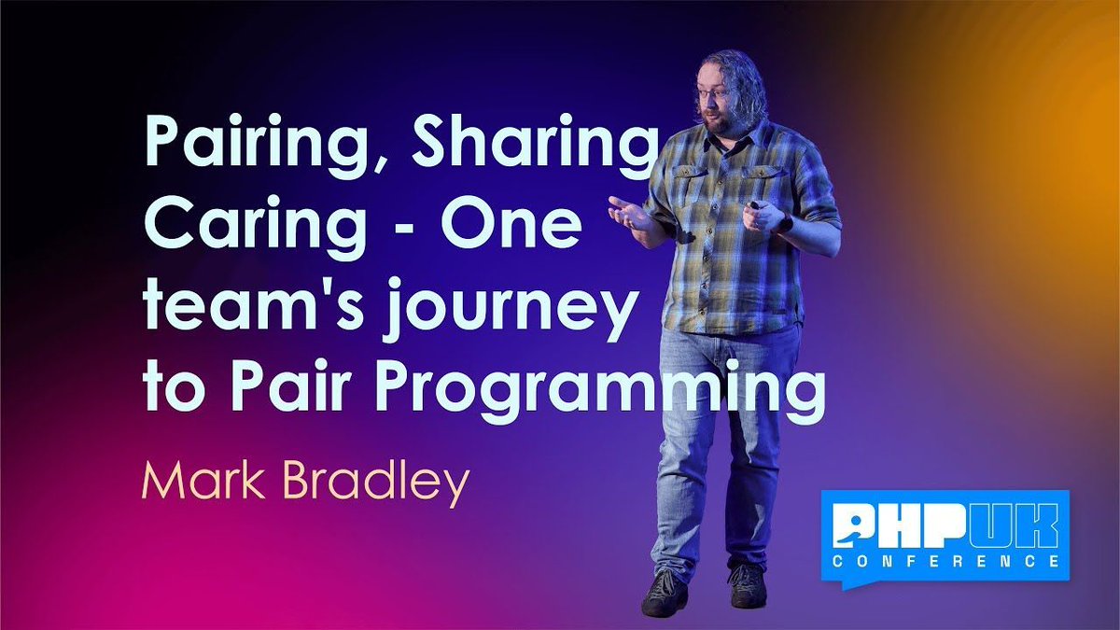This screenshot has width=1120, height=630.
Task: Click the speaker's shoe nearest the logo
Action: coord(748,587)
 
